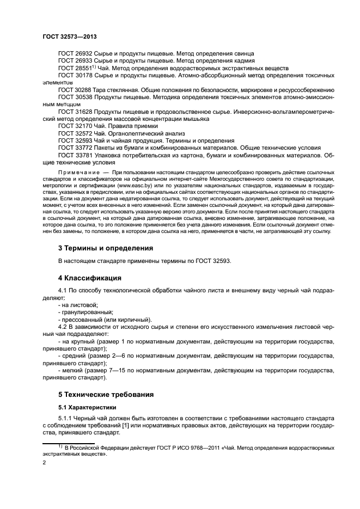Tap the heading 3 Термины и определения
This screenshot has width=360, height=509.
point(105,248)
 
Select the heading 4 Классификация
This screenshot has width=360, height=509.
point(90,278)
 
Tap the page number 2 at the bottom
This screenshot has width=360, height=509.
point(45,462)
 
